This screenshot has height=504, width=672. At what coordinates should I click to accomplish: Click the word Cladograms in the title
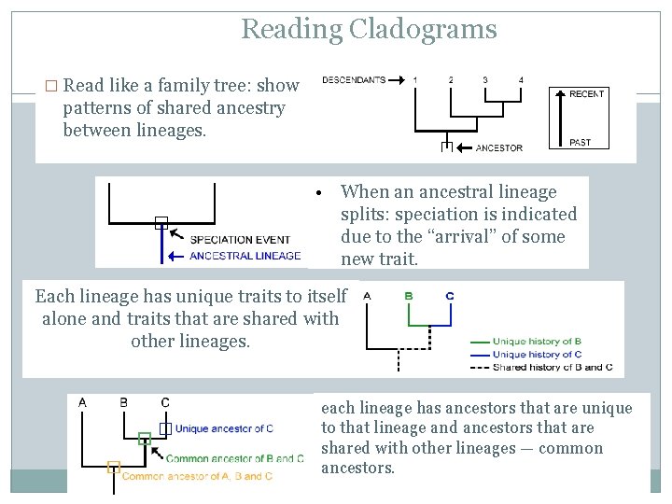423,29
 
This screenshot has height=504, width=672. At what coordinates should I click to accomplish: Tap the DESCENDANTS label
354,80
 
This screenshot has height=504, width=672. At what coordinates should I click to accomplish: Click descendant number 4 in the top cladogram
521,80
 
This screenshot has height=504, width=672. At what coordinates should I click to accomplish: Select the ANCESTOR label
498,148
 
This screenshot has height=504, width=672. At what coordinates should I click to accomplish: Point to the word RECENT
587,94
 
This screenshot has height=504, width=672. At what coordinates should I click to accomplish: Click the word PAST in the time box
581,142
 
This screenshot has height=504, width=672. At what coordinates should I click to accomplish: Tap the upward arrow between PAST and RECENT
560,119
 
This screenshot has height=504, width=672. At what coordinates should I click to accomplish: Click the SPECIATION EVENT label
240,240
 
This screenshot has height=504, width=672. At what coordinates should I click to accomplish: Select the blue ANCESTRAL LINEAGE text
245,256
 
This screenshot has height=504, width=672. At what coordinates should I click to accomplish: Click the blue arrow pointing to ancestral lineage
175,257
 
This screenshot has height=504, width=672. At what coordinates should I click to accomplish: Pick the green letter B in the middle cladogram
409,296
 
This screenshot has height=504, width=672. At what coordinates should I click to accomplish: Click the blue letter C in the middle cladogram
450,296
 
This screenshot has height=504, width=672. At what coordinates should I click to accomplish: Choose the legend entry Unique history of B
537,342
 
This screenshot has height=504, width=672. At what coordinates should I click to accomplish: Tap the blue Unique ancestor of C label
224,428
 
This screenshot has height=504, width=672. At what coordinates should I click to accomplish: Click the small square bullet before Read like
51,86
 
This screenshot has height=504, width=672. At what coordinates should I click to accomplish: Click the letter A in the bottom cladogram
83,403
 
